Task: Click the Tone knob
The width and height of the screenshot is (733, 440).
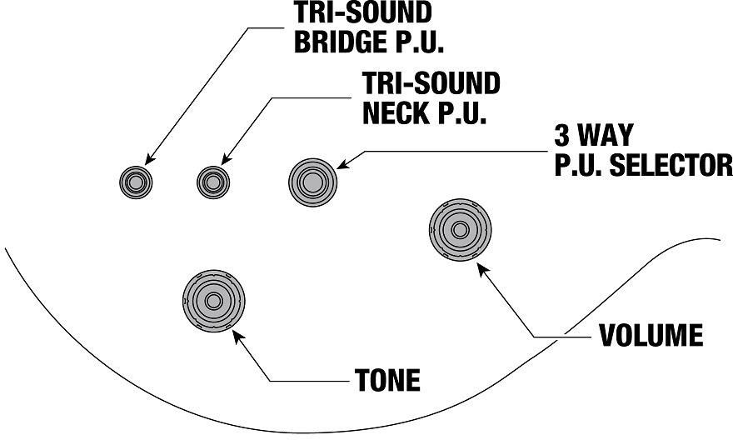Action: tap(213, 301)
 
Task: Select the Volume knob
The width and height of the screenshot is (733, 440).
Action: tap(460, 230)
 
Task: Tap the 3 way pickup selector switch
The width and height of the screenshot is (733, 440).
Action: tap(312, 182)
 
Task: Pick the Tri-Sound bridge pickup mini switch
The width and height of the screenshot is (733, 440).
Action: tap(136, 182)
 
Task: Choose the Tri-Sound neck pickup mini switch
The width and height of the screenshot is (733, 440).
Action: tap(213, 182)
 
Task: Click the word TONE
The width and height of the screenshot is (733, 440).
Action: tap(387, 380)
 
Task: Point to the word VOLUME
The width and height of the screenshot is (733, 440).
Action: tap(651, 335)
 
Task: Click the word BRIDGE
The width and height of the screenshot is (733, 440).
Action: tap(341, 42)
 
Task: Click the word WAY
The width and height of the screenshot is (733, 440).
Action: tap(606, 135)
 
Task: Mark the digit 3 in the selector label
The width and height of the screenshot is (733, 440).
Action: tap(562, 135)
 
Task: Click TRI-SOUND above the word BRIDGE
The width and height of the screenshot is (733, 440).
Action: tap(363, 12)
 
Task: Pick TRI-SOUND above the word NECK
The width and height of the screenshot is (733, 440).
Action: tap(431, 83)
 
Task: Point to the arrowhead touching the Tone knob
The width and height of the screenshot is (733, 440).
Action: tap(238, 336)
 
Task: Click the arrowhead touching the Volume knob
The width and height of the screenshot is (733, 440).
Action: tap(482, 268)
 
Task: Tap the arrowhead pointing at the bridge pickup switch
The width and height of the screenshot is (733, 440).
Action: tap(150, 159)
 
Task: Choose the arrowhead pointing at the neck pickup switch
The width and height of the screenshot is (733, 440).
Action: tap(227, 159)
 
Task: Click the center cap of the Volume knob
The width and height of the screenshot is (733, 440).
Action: tap(460, 230)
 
